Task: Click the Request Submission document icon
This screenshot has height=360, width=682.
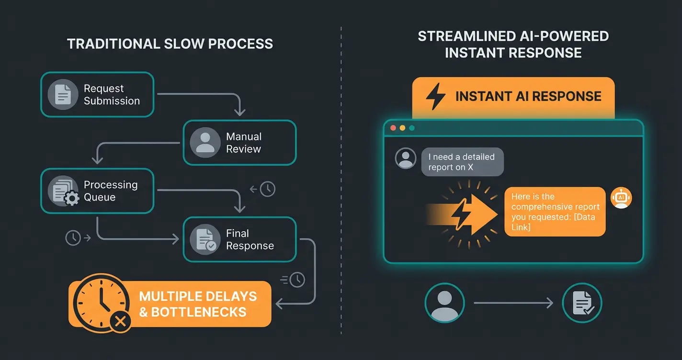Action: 63,94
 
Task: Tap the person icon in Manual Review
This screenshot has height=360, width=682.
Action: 205,143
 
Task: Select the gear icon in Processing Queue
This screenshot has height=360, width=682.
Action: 72,198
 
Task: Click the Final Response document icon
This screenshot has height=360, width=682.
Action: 205,240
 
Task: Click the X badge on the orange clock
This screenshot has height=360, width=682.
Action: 120,322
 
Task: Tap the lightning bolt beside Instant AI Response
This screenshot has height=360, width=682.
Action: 435,96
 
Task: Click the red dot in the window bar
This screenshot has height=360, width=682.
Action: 394,128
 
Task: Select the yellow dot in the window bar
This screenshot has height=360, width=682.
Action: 402,128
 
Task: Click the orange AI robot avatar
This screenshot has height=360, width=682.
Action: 621,198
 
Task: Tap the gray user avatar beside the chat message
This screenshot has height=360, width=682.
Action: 406,158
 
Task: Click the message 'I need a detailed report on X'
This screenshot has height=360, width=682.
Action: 462,162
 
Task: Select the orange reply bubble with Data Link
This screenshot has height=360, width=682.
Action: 555,212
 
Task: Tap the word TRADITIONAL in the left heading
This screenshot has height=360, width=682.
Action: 109,44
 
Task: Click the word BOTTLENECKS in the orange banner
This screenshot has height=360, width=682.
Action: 199,312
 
